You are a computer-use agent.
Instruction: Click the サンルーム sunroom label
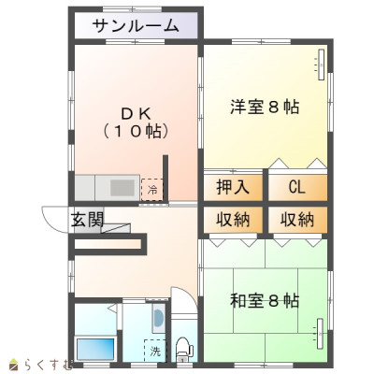pos(136,26)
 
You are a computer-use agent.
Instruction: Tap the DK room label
pos(137,113)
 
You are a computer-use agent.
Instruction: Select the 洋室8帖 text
pos(265,107)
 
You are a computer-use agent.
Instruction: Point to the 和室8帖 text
pos(265,301)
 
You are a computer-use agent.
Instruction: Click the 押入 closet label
pos(233,187)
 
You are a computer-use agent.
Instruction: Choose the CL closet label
pos(296,187)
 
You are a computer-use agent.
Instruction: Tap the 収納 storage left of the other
pos(233,220)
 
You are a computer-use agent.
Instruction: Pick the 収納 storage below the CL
pos(297,220)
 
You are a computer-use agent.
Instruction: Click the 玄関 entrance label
pos(88,220)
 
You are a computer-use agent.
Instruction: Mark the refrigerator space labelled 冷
pos(152,190)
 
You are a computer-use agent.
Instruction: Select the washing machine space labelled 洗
pos(155,351)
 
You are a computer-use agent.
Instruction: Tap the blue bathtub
pos(95,349)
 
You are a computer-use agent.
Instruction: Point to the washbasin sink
pos(159,318)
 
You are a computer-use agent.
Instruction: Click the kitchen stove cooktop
pos(122,188)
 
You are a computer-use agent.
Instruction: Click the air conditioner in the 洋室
pos(321,65)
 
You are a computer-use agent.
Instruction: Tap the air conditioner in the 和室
pos(321,334)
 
